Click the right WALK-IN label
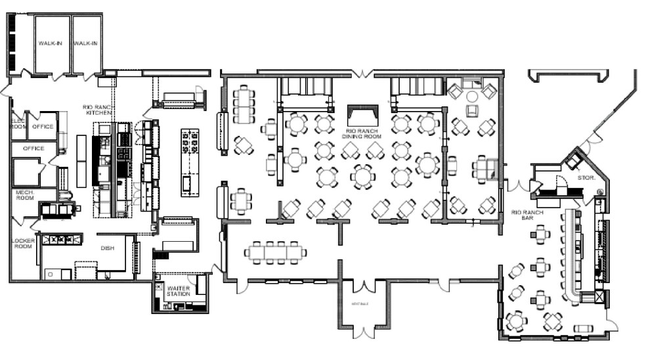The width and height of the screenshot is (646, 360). [85, 43]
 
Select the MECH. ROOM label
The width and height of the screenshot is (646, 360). [24, 195]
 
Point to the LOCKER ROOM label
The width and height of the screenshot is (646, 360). [23, 244]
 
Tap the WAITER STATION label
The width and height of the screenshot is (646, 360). [179, 290]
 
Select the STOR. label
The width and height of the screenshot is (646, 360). [586, 177]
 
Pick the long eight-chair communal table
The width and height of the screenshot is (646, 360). [276, 252]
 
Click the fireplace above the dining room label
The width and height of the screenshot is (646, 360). [362, 116]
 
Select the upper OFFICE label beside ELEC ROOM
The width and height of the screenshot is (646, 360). [43, 126]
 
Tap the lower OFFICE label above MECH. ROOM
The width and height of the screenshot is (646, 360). [33, 148]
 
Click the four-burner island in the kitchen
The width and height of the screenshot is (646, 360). [190, 141]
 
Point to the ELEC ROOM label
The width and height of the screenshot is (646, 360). [17, 124]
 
